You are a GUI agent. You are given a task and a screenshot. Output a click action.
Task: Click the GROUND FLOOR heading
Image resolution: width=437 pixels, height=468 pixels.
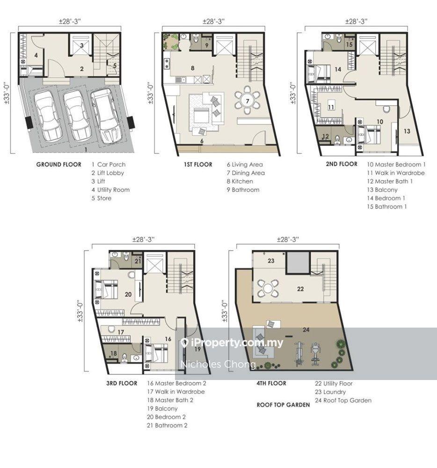[59, 164]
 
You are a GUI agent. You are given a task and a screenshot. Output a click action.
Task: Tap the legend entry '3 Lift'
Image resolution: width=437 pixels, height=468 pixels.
[98, 181]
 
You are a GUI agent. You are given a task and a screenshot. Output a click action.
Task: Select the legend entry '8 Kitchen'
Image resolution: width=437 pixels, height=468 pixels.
[240, 181]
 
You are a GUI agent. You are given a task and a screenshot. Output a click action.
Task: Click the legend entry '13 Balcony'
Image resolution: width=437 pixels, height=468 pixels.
[382, 190]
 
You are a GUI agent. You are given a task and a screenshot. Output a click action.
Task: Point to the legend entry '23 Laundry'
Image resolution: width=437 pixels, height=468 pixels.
[330, 392]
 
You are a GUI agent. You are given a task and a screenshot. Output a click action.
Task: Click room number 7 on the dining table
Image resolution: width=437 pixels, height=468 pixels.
[248, 101]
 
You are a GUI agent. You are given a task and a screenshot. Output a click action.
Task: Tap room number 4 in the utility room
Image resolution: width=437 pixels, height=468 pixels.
[36, 55]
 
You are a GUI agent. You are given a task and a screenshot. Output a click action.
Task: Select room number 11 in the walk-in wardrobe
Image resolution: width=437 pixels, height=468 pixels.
[331, 107]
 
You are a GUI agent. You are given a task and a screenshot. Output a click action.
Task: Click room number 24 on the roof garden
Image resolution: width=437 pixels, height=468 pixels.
[306, 329]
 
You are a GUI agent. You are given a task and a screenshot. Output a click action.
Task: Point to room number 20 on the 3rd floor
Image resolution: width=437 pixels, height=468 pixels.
[128, 294]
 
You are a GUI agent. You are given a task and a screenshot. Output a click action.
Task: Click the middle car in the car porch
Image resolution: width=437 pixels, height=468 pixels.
[76, 116]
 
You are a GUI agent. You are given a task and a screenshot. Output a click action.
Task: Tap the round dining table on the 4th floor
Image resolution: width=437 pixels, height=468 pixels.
[268, 289]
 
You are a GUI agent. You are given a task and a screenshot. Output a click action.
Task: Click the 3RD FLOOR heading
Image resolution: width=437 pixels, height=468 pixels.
[122, 383]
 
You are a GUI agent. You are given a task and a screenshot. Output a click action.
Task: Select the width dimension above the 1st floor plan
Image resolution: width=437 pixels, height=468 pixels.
[213, 21]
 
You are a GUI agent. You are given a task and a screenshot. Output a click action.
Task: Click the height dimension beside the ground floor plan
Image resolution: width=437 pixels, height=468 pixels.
[7, 93]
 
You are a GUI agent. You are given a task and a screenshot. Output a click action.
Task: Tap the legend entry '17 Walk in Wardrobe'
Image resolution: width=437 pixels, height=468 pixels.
[176, 392]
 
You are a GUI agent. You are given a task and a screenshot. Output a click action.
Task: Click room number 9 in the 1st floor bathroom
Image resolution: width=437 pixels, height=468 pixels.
[207, 46]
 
